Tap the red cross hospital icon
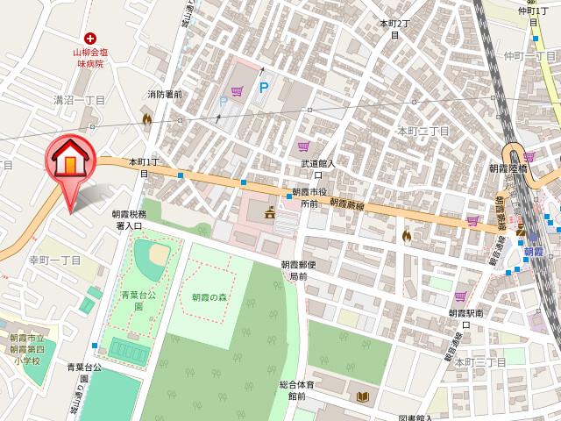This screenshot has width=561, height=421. [89, 38]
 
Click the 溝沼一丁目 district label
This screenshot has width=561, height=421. [78, 101]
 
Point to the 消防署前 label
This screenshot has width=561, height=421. [164, 94]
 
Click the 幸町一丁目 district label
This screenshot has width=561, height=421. [54, 260]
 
